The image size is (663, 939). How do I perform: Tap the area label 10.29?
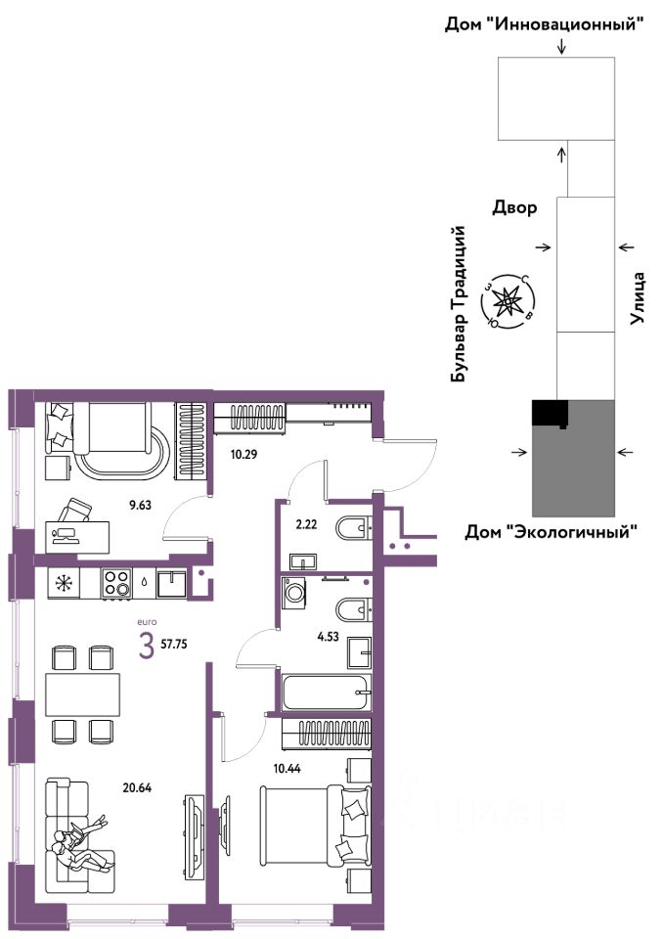tap(243, 453)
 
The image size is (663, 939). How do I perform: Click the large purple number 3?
tap(146, 647)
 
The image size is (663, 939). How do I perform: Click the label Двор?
tap(513, 208)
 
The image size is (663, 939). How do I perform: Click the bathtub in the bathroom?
tap(327, 693)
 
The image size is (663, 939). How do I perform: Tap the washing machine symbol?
tap(294, 595)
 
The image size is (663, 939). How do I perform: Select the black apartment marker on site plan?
tap(548, 414)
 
